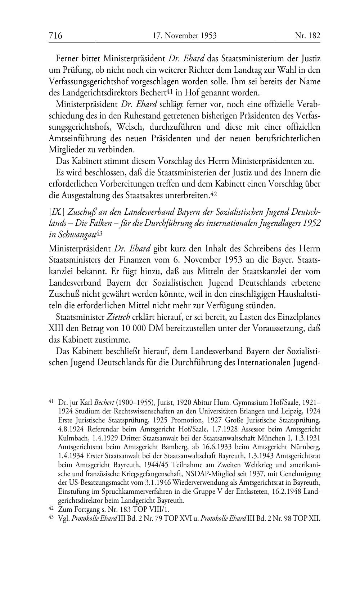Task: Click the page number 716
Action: pyautogui.click(x=55, y=36)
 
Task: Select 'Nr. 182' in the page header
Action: pyautogui.click(x=307, y=36)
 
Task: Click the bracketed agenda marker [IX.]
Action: pyautogui.click(x=57, y=212)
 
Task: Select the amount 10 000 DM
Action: pyautogui.click(x=118, y=328)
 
